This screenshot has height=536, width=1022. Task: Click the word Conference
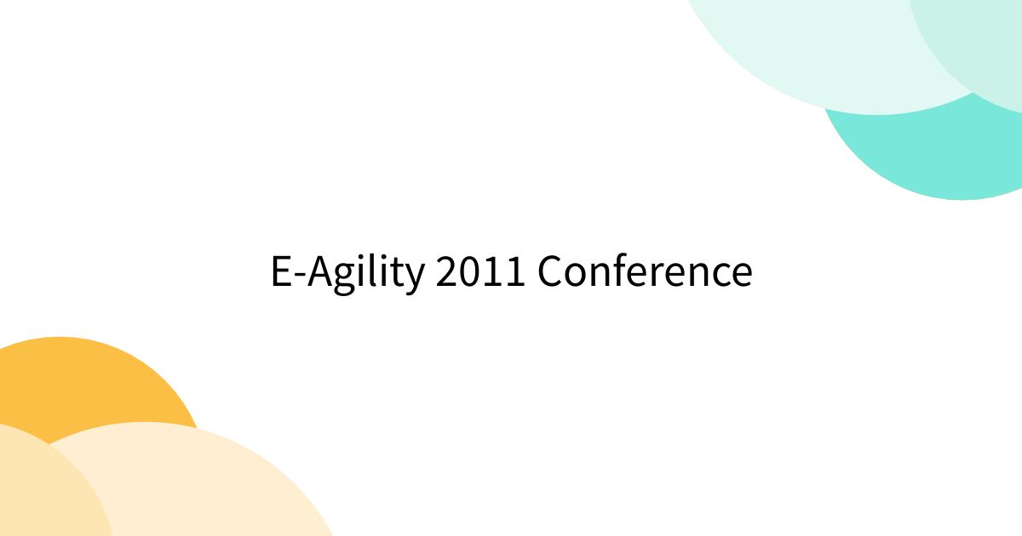pos(645,272)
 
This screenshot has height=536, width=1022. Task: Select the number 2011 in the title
pos(480,272)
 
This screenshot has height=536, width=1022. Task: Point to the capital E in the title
pos(281,272)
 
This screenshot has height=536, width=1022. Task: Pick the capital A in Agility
pos(320,272)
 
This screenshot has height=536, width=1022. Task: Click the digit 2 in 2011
pos(447,272)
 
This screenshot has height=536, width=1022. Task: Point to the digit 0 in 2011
pos(470,272)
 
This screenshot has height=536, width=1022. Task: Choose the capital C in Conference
pos(551,272)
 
